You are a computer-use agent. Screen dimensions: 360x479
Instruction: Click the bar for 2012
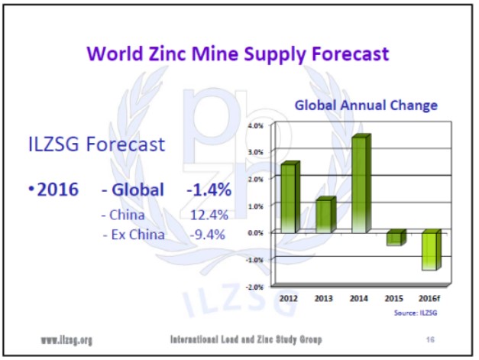(x=290, y=197)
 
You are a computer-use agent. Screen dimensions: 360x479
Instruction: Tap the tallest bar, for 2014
(x=359, y=184)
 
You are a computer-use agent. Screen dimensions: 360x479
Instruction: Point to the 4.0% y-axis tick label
(x=256, y=125)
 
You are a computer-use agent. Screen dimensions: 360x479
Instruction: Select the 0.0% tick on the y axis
(x=256, y=232)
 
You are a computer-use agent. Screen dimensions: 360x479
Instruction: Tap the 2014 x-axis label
(x=359, y=298)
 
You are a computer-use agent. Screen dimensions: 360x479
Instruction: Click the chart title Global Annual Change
(x=366, y=105)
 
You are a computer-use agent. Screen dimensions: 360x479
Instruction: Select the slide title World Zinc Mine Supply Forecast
(x=238, y=54)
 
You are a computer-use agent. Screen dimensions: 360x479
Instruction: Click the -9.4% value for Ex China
(x=207, y=235)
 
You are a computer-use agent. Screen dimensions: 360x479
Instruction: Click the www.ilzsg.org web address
(x=66, y=339)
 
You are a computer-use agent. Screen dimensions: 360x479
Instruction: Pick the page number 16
(x=429, y=339)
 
